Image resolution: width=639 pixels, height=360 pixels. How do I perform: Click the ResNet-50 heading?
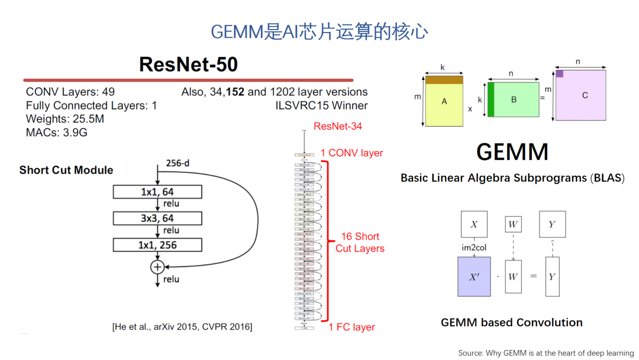pos(188,64)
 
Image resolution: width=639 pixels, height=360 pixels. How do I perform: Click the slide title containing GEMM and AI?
pos(319,31)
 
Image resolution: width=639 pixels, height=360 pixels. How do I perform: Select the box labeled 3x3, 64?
pos(157,218)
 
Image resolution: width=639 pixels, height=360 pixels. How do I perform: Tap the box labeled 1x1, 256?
pos(157,245)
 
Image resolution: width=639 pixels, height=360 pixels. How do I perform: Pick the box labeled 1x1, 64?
pos(157,192)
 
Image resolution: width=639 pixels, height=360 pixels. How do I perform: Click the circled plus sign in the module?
pos(157,267)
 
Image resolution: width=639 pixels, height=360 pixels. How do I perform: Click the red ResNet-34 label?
pos(337,126)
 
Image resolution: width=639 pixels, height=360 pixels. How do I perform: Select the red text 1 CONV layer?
pos(351,153)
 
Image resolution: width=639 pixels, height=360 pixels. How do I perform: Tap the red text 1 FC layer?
pos(351,327)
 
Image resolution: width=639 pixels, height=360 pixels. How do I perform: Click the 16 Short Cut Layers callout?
pos(360,242)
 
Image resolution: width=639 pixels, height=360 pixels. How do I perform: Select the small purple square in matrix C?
pos(559,74)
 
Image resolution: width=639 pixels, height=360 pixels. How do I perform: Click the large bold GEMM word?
pos(512,152)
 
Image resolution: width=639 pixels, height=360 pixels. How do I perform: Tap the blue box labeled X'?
pos(474,277)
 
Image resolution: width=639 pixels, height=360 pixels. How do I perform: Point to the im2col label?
pos(474,247)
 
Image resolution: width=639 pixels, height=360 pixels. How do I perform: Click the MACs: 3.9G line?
pos(56,133)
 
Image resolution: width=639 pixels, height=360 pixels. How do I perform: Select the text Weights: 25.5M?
pos(65,120)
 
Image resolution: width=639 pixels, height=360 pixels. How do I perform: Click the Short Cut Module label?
pos(66,170)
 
